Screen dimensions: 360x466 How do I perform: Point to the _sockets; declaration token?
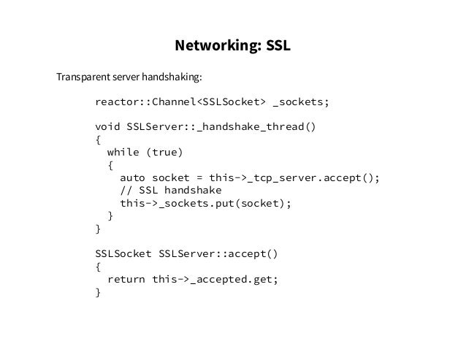301,102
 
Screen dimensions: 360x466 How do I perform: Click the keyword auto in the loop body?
132,178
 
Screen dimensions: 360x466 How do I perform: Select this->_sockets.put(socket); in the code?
205,204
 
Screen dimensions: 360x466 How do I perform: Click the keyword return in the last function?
126,280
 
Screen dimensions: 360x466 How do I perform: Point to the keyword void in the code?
107,127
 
